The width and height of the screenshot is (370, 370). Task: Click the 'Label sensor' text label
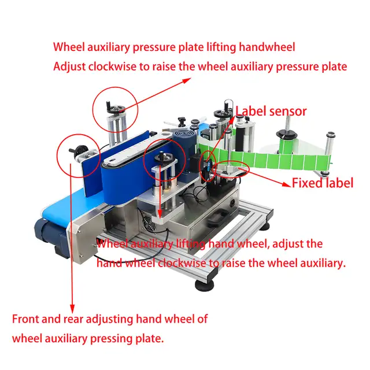coord(271,111)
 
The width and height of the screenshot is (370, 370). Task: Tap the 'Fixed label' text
coord(323,183)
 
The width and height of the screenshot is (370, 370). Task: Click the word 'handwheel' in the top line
coord(267,47)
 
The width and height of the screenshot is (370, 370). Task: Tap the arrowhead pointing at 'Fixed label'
coord(287,184)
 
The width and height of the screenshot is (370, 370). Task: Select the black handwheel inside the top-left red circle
coord(116,109)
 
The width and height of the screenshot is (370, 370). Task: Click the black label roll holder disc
coord(287,135)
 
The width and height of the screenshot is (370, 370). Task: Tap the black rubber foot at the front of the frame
coord(204,285)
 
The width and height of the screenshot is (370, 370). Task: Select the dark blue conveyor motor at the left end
coord(50,235)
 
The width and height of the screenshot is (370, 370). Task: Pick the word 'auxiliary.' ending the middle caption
coord(323,262)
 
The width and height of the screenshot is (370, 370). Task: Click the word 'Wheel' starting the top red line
coord(69,47)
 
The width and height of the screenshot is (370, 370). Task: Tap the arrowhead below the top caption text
coord(187,80)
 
